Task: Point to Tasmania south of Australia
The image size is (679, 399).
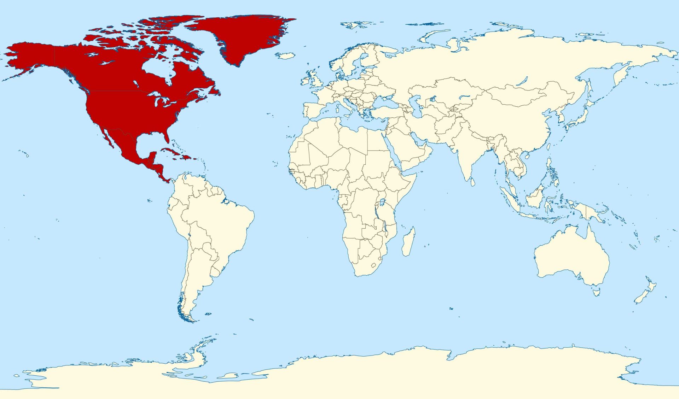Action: point(596,292)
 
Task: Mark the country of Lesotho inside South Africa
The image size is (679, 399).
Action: point(373,265)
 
